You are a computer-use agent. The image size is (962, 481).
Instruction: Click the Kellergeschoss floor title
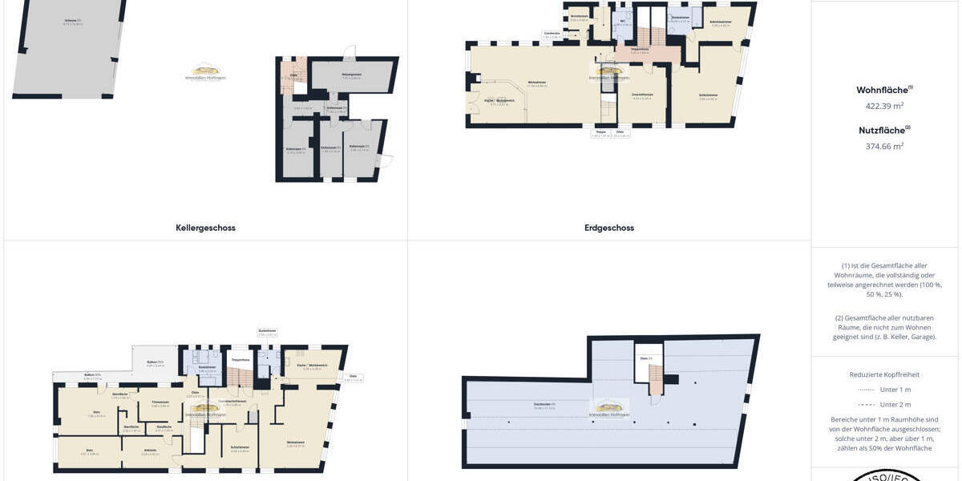[205, 228]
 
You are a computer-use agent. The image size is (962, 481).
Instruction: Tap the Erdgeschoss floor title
[609, 228]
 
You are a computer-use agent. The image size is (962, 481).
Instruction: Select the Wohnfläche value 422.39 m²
[885, 106]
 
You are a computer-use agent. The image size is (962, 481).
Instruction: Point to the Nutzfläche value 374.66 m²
[885, 146]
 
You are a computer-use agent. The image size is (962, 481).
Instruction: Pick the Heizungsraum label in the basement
[352, 75]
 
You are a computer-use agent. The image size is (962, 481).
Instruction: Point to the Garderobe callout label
[552, 34]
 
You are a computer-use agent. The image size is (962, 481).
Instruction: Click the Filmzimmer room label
[160, 402]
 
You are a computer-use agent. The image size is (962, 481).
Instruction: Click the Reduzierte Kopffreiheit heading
[885, 374]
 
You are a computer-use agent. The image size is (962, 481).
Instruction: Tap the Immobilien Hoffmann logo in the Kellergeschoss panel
[205, 72]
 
